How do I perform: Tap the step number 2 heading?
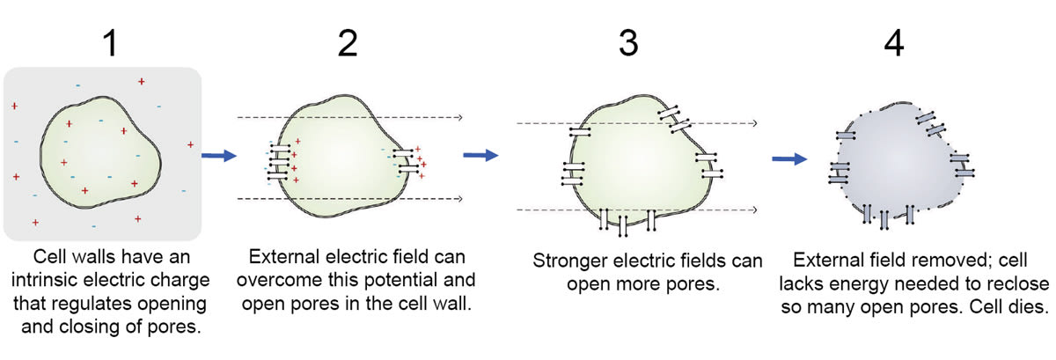[348, 42]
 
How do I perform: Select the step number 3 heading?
[627, 42]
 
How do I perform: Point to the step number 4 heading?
[893, 42]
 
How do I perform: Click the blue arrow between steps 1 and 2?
[220, 156]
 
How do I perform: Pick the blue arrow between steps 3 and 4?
[789, 159]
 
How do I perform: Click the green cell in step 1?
[101, 158]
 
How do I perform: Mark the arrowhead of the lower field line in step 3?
[754, 209]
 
